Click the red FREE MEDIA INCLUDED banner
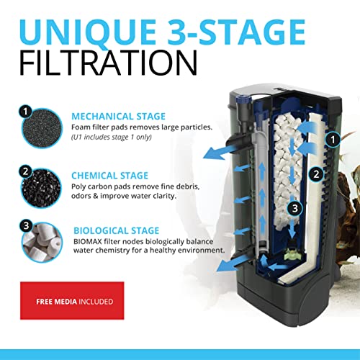pos(71,274)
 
